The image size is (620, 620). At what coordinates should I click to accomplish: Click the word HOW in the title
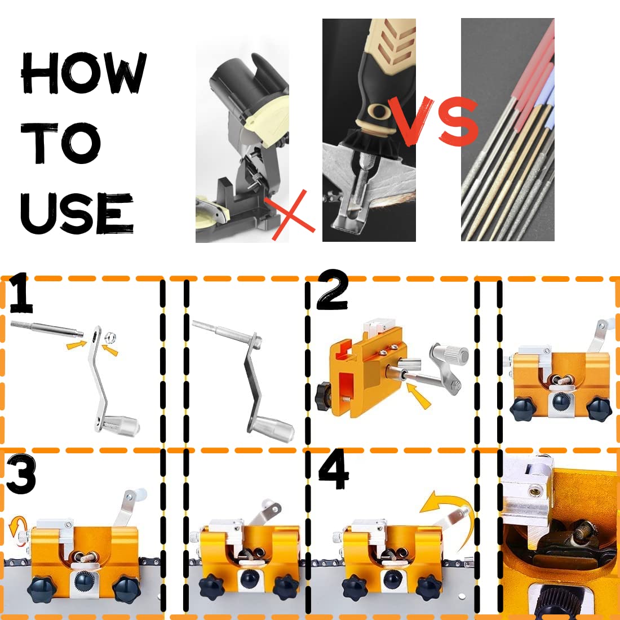tap(83, 73)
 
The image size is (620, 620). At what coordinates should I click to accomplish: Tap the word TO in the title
tap(60, 143)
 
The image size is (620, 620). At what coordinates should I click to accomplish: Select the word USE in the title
tap(77, 214)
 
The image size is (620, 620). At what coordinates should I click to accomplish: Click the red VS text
tap(433, 121)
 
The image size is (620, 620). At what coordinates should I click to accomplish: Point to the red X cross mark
tap(290, 215)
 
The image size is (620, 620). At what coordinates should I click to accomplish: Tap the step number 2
tap(333, 290)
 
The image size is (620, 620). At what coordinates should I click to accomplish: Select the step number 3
tap(21, 473)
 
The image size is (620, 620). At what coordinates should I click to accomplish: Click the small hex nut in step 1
tap(110, 338)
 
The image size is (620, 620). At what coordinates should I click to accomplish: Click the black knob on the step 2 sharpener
tap(324, 396)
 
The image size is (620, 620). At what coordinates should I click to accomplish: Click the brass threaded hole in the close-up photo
tap(534, 491)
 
